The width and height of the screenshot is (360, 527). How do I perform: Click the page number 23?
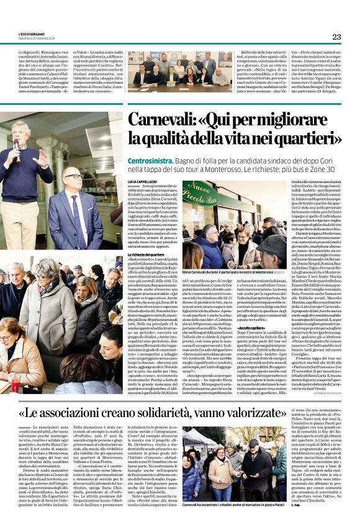pyautogui.click(x=336, y=37)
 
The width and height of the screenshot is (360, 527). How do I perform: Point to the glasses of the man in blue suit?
pyautogui.click(x=73, y=177)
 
